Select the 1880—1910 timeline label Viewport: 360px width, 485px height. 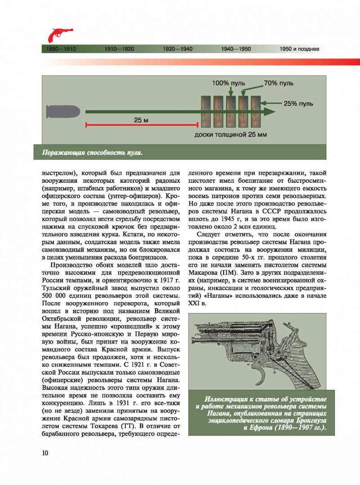(61, 49)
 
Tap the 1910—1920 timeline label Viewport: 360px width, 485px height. (119, 49)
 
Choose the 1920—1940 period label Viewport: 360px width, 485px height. (178, 49)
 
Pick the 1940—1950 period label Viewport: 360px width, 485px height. (236, 49)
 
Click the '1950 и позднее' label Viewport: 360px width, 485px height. (299, 49)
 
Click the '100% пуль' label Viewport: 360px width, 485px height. (228, 83)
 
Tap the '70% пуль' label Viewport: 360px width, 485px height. (279, 83)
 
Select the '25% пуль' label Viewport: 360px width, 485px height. (298, 104)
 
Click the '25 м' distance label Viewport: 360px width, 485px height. (141, 120)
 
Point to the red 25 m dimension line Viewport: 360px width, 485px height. (142, 125)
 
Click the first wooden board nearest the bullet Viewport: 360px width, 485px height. (206, 111)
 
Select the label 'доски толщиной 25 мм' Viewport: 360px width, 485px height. (231, 135)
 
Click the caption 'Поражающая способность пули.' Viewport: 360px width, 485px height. (92, 153)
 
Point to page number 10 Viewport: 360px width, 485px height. (45, 453)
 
